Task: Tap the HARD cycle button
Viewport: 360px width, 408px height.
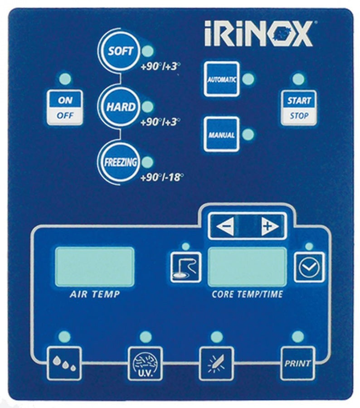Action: (121, 107)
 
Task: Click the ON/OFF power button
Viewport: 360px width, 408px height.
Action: (65, 107)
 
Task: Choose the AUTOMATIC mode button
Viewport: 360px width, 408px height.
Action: (222, 79)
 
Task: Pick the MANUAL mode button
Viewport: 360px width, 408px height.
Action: (222, 134)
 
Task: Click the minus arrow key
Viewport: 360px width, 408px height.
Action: (225, 226)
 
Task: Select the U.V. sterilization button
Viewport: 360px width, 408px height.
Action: (145, 364)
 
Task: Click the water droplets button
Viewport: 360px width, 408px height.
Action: (64, 364)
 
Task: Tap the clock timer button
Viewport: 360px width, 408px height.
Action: (309, 267)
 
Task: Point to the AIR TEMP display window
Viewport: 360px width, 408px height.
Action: (95, 267)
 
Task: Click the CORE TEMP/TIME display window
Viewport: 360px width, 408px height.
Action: (247, 267)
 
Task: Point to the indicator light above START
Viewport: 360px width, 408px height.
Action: (298, 79)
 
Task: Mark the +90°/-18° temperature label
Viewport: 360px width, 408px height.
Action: (162, 178)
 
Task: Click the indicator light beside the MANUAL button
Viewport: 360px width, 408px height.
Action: (248, 134)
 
